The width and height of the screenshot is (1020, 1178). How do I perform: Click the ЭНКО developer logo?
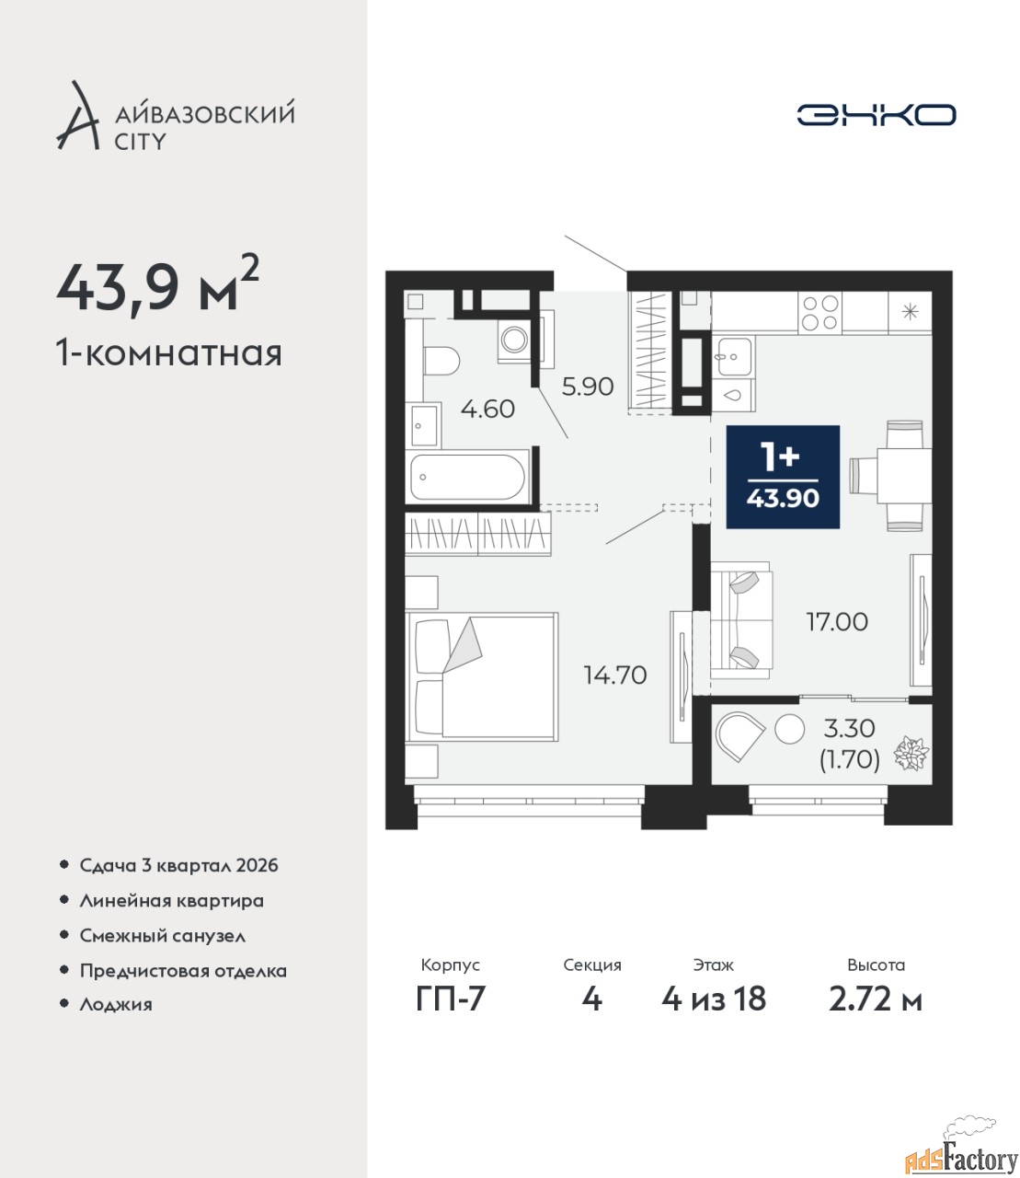(876, 114)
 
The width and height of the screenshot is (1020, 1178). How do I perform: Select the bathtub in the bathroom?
(466, 478)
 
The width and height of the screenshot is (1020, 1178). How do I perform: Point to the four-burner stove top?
(819, 312)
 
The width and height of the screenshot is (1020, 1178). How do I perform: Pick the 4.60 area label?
(487, 409)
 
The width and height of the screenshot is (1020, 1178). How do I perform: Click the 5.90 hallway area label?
(587, 387)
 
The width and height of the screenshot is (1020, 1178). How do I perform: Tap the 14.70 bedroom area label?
(615, 676)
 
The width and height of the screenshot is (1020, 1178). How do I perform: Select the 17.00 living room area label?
(837, 622)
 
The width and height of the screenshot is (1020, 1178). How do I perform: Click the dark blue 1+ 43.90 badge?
(783, 477)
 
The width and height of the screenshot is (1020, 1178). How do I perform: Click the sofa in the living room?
(741, 619)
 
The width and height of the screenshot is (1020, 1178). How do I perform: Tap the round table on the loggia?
(789, 729)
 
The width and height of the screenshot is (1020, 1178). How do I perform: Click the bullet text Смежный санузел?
(162, 936)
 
